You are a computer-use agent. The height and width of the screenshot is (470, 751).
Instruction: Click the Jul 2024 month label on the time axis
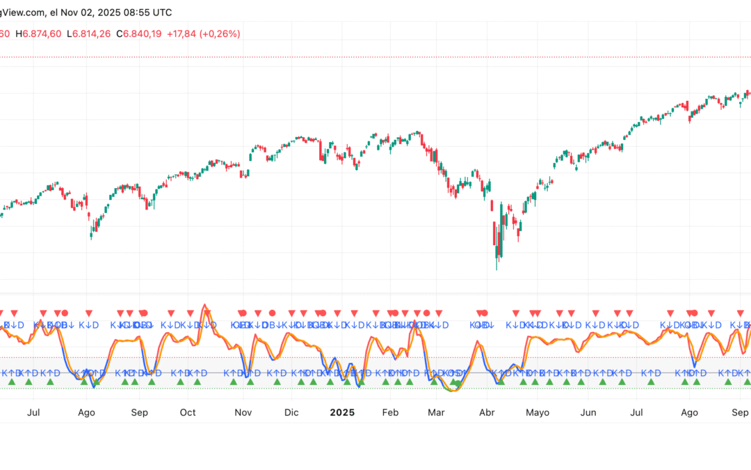pyautogui.click(x=33, y=412)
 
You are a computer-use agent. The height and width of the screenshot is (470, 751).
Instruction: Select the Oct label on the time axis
pyautogui.click(x=188, y=412)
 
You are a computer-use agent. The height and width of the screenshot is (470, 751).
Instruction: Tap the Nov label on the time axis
pyautogui.click(x=243, y=412)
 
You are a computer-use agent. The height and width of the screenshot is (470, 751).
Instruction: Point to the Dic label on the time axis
pyautogui.click(x=291, y=412)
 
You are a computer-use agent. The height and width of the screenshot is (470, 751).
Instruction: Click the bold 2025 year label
pyautogui.click(x=342, y=412)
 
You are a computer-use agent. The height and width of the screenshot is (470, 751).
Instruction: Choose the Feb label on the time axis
pyautogui.click(x=391, y=412)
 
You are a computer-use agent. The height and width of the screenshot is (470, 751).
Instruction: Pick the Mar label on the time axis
pyautogui.click(x=436, y=412)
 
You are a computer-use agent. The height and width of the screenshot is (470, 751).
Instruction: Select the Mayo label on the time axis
pyautogui.click(x=538, y=412)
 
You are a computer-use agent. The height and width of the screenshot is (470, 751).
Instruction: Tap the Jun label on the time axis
pyautogui.click(x=588, y=412)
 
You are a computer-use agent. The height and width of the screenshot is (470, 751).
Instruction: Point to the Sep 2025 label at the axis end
pyautogui.click(x=741, y=412)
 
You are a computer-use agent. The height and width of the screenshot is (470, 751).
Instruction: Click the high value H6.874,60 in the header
pyautogui.click(x=39, y=33)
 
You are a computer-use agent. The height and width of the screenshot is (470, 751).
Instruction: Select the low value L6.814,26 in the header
pyautogui.click(x=88, y=33)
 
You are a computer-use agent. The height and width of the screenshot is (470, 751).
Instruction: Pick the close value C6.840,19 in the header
pyautogui.click(x=138, y=33)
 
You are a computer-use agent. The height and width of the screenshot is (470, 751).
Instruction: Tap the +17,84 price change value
pyautogui.click(x=181, y=33)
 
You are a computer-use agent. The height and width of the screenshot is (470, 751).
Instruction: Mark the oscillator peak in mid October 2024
pyautogui.click(x=204, y=305)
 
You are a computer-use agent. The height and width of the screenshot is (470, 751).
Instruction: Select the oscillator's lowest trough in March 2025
pyautogui.click(x=453, y=390)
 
